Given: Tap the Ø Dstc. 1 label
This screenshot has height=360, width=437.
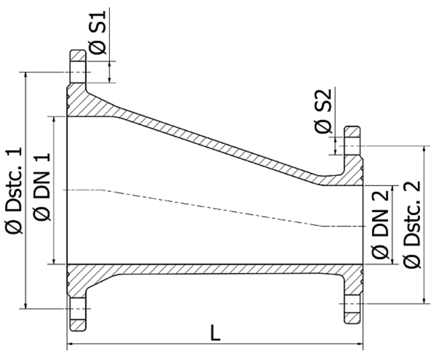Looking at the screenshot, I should tap(15, 190).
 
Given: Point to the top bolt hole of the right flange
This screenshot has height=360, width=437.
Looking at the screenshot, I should tap(351, 145).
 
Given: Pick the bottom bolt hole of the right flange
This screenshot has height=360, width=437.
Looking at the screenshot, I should tap(351, 303).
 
